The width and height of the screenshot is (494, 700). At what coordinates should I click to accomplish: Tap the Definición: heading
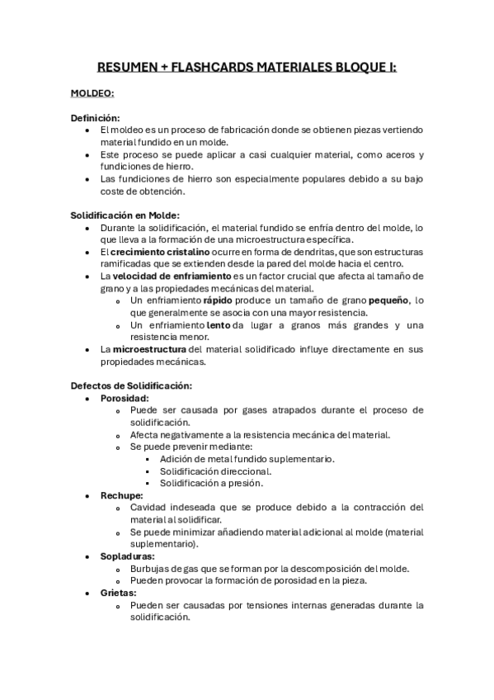pos(96,119)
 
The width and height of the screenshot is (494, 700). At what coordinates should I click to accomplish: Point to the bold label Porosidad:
pos(125,398)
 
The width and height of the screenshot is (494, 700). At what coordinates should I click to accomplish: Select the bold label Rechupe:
pos(121,495)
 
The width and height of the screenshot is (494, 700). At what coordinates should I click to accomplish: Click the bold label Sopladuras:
pos(128,556)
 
